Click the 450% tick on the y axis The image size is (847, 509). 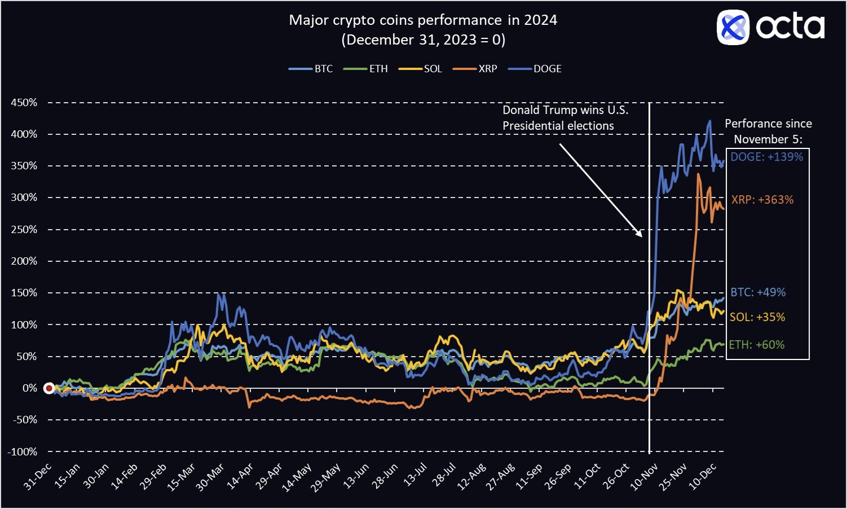tap(24, 103)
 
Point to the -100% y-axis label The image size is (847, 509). tap(23, 451)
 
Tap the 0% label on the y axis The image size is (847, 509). tap(30, 388)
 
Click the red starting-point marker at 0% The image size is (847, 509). tap(49, 388)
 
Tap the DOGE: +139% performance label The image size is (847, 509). tap(766, 157)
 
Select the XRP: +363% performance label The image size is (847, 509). tap(762, 200)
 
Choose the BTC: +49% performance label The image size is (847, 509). tap(758, 292)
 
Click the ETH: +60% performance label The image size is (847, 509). tap(756, 345)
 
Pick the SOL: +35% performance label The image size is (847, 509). tap(757, 317)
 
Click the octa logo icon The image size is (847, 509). tap(733, 27)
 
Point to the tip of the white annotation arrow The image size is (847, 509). tap(642, 236)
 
